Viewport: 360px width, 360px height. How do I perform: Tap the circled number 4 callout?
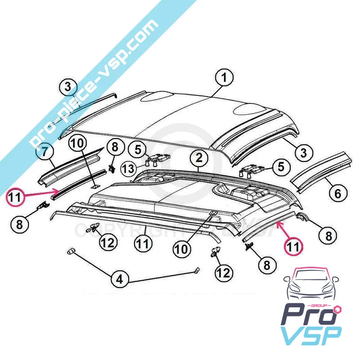pyautogui.click(x=119, y=279)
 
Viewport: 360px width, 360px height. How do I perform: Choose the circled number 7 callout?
pyautogui.click(x=45, y=152)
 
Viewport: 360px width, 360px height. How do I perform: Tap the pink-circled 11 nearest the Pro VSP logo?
pyautogui.click(x=293, y=247)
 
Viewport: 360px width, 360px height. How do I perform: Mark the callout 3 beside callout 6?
pyautogui.click(x=304, y=153)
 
